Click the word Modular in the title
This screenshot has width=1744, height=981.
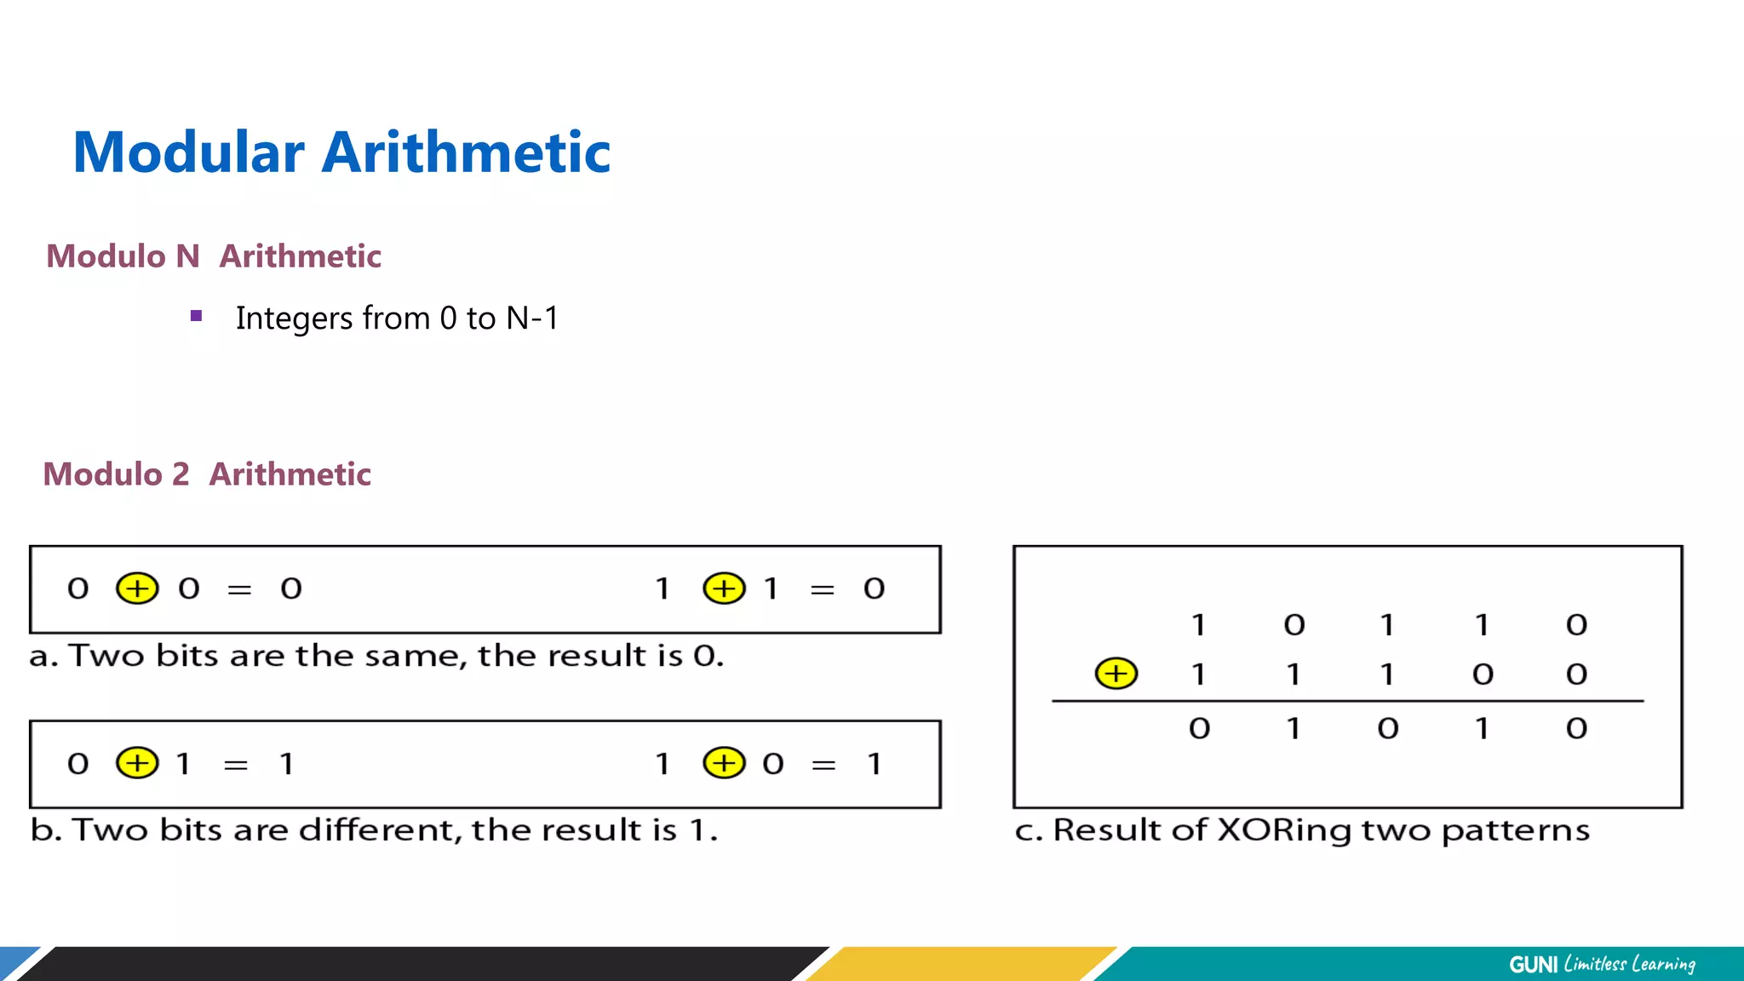click(188, 152)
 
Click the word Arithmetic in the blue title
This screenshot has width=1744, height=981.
click(466, 152)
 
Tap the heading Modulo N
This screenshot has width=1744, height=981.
click(123, 256)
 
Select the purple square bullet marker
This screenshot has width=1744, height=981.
click(197, 316)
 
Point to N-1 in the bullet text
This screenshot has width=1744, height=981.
click(532, 318)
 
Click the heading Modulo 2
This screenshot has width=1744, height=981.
click(116, 474)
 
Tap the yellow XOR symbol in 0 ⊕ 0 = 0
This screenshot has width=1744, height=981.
click(137, 588)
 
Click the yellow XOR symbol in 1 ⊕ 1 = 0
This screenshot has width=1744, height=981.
click(724, 588)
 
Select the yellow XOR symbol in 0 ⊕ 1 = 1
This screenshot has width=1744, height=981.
click(137, 763)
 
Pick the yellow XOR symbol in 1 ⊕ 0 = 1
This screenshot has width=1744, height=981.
click(724, 763)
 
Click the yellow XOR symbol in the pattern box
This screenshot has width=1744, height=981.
click(1116, 674)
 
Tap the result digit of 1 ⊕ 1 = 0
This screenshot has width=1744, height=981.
click(874, 588)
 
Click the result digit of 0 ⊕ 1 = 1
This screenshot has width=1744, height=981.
click(287, 764)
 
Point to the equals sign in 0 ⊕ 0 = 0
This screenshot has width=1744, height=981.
click(239, 589)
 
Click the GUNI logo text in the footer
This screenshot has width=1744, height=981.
click(1533, 964)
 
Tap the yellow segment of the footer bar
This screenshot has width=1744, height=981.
click(962, 964)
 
